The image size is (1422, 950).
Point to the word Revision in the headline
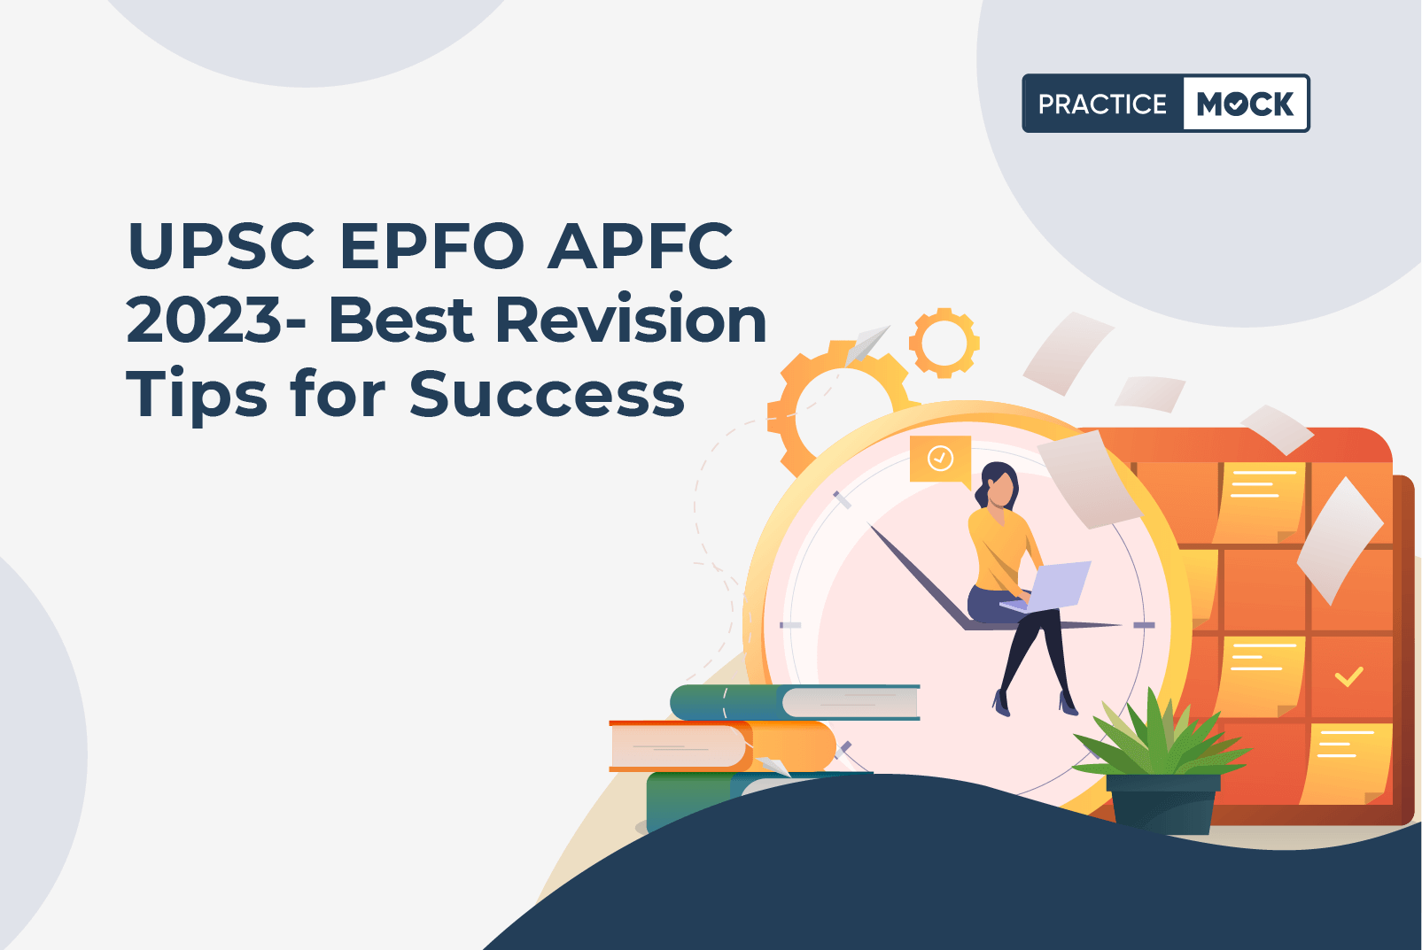click(x=631, y=319)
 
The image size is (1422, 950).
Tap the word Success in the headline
click(x=547, y=393)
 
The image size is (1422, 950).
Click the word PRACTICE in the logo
click(x=1102, y=104)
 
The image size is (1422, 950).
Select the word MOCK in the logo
click(x=1245, y=104)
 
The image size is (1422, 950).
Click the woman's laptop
click(x=1047, y=587)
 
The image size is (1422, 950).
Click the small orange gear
click(x=944, y=344)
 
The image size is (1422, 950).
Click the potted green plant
click(x=1161, y=761)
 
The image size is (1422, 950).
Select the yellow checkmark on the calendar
click(x=1348, y=676)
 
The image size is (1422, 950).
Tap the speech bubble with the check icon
click(x=940, y=460)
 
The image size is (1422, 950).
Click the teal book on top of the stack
click(x=795, y=702)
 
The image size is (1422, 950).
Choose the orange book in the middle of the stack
click(x=722, y=745)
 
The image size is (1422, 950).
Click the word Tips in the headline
click(x=197, y=393)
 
